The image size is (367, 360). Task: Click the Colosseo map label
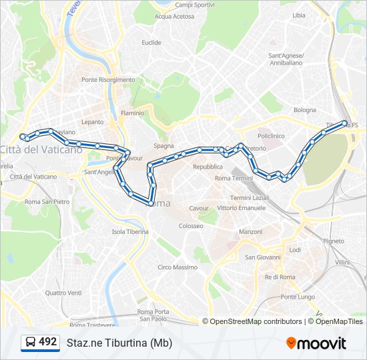(191, 226)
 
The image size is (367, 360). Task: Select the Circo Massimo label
(177, 267)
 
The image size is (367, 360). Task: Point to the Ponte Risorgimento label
(108, 80)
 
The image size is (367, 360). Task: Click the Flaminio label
(131, 113)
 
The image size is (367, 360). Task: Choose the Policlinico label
(271, 135)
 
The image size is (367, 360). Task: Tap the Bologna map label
(305, 110)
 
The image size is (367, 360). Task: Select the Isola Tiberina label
(130, 232)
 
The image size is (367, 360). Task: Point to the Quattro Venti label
(63, 293)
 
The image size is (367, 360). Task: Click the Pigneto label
(334, 241)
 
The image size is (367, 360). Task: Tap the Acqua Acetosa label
(174, 17)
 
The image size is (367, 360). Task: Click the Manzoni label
(251, 232)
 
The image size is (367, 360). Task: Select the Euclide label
(151, 43)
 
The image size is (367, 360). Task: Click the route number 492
(48, 342)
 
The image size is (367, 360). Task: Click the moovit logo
(316, 343)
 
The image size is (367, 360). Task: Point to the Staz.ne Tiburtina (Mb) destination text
(119, 343)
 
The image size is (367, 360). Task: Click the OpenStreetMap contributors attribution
(256, 321)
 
